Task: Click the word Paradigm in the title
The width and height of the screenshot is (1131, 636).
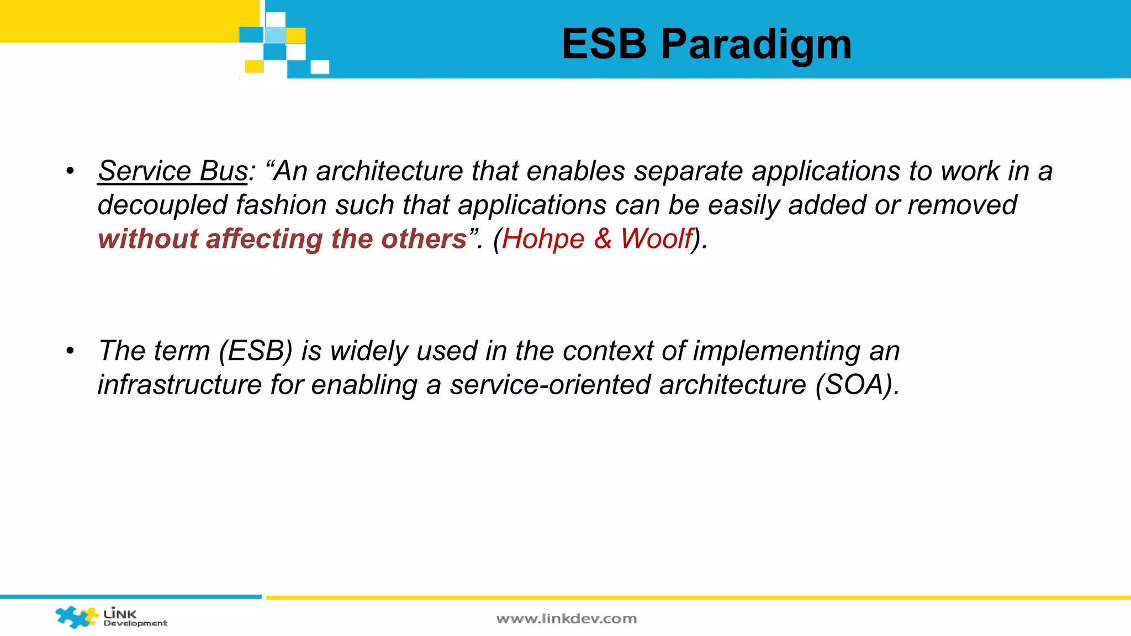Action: click(x=756, y=44)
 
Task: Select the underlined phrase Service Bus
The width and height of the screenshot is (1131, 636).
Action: click(x=173, y=171)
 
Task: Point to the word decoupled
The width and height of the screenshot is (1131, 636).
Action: click(x=162, y=205)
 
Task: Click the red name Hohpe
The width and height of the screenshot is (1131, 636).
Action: click(x=543, y=239)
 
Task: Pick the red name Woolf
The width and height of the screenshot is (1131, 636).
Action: click(x=656, y=239)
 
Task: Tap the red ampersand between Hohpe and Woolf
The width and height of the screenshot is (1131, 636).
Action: click(x=603, y=239)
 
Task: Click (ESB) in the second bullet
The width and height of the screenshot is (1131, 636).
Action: click(x=255, y=351)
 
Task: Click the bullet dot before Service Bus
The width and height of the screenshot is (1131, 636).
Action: click(x=70, y=171)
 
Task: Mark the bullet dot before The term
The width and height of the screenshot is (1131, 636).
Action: click(x=70, y=351)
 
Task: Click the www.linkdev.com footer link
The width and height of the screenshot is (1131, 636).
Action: click(x=567, y=619)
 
